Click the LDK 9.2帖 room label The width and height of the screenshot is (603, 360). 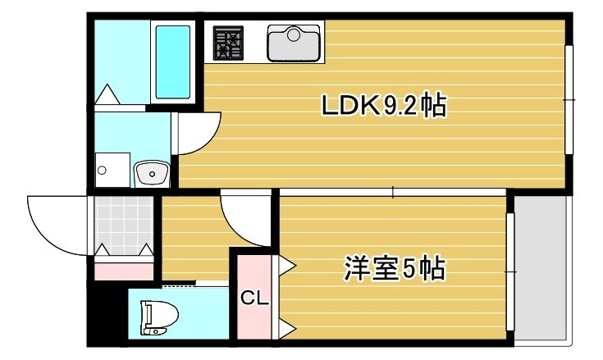pos(383,106)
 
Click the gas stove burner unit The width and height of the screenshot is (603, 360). pos(229,43)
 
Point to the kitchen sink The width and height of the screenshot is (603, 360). pos(294,43)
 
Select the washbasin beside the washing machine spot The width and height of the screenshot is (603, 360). pos(151,173)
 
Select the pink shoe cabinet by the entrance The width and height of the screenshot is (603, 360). pos(124,268)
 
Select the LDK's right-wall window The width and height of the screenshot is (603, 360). pos(569,99)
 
